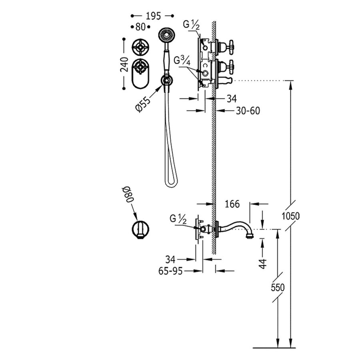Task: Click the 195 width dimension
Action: pyautogui.click(x=153, y=16)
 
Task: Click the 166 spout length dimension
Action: pyautogui.click(x=232, y=204)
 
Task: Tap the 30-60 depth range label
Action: pyautogui.click(x=247, y=111)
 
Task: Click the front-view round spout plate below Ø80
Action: pyautogui.click(x=140, y=230)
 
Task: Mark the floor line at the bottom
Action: pyautogui.click(x=274, y=346)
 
